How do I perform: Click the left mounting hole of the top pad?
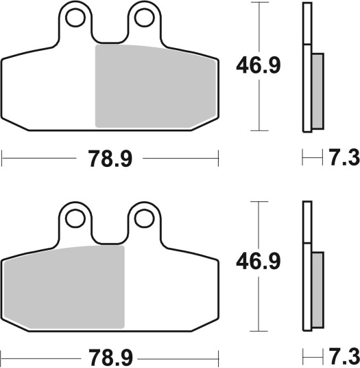point(75,18)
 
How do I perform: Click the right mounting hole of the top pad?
point(145,18)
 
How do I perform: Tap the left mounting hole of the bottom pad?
point(75,218)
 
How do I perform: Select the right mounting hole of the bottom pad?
point(145,218)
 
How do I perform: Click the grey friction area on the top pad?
point(155,87)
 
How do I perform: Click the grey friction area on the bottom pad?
point(64,287)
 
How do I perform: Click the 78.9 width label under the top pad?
point(110,159)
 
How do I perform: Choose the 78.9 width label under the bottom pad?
point(110,358)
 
